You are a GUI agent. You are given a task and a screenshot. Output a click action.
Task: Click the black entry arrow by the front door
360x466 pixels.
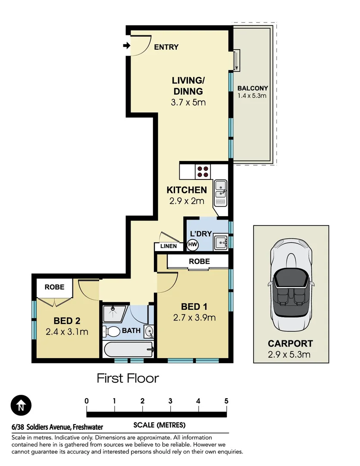pos(126,46)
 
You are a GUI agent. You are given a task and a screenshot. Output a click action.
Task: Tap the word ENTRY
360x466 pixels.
pos(166,47)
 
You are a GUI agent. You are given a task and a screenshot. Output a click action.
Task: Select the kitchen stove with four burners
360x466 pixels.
pos(203,172)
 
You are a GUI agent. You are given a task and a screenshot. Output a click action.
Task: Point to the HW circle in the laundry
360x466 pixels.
pos(192,245)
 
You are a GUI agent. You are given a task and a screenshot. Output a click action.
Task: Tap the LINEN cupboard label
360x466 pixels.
pos(168,246)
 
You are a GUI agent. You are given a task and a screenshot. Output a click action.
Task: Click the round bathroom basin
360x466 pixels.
pos(149,332)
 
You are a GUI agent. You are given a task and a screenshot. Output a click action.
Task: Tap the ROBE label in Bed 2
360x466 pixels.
pos(54,287)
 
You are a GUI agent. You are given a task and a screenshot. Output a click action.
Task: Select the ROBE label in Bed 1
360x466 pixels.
pos(199,261)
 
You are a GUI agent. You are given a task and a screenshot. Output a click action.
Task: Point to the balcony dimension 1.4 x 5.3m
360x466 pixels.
pos(253,96)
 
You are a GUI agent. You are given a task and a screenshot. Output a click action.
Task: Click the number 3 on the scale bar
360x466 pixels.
pos(170,401)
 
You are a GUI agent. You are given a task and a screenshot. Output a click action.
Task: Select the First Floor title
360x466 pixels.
pos(128,378)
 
